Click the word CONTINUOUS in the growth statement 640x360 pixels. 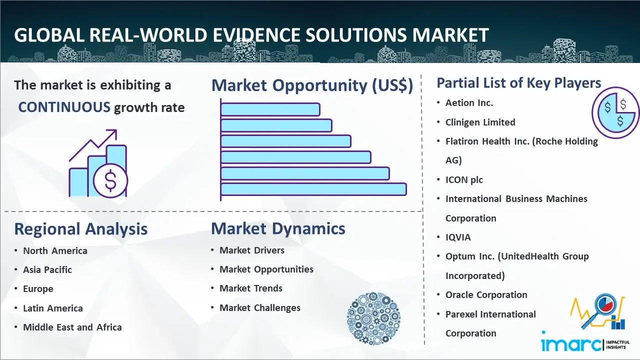[64, 107]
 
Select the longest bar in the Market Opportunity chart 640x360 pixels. [313, 189]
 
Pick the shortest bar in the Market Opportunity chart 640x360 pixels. [270, 109]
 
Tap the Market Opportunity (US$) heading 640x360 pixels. [312, 85]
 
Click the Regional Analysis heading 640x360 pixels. [81, 229]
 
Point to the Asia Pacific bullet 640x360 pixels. [47, 269]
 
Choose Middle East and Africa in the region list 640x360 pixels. [72, 327]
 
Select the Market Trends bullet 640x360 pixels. [251, 288]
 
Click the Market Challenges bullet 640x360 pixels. [260, 307]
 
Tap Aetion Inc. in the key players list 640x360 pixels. [469, 103]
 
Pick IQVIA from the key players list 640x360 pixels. [458, 237]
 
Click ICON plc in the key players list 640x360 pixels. [464, 179]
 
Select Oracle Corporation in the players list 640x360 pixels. [486, 294]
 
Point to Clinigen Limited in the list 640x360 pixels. [480, 122]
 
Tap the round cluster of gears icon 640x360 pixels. [373, 318]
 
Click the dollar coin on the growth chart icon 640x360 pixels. [110, 181]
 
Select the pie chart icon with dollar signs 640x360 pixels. [615, 113]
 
